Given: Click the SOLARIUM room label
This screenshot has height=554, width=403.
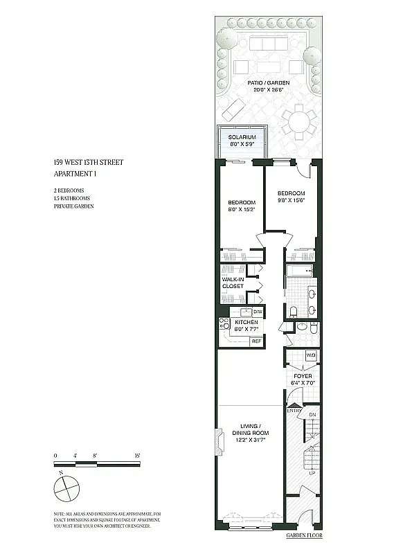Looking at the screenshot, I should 242,137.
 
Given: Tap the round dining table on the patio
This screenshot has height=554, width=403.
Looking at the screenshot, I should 298,122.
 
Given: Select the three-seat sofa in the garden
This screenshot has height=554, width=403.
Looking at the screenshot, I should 262,43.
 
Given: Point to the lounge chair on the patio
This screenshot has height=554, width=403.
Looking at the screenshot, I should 233,109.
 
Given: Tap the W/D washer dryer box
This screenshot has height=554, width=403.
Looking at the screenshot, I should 310,355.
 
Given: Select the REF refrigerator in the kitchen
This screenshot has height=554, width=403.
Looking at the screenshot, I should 256,341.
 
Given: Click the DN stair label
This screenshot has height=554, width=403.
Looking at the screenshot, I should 312,415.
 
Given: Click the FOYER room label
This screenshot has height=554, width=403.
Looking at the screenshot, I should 302,376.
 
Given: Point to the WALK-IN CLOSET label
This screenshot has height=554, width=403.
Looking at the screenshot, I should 233,283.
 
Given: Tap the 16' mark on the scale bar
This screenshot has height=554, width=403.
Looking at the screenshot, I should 138,455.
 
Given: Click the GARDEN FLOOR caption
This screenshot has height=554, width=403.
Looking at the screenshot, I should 304,536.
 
